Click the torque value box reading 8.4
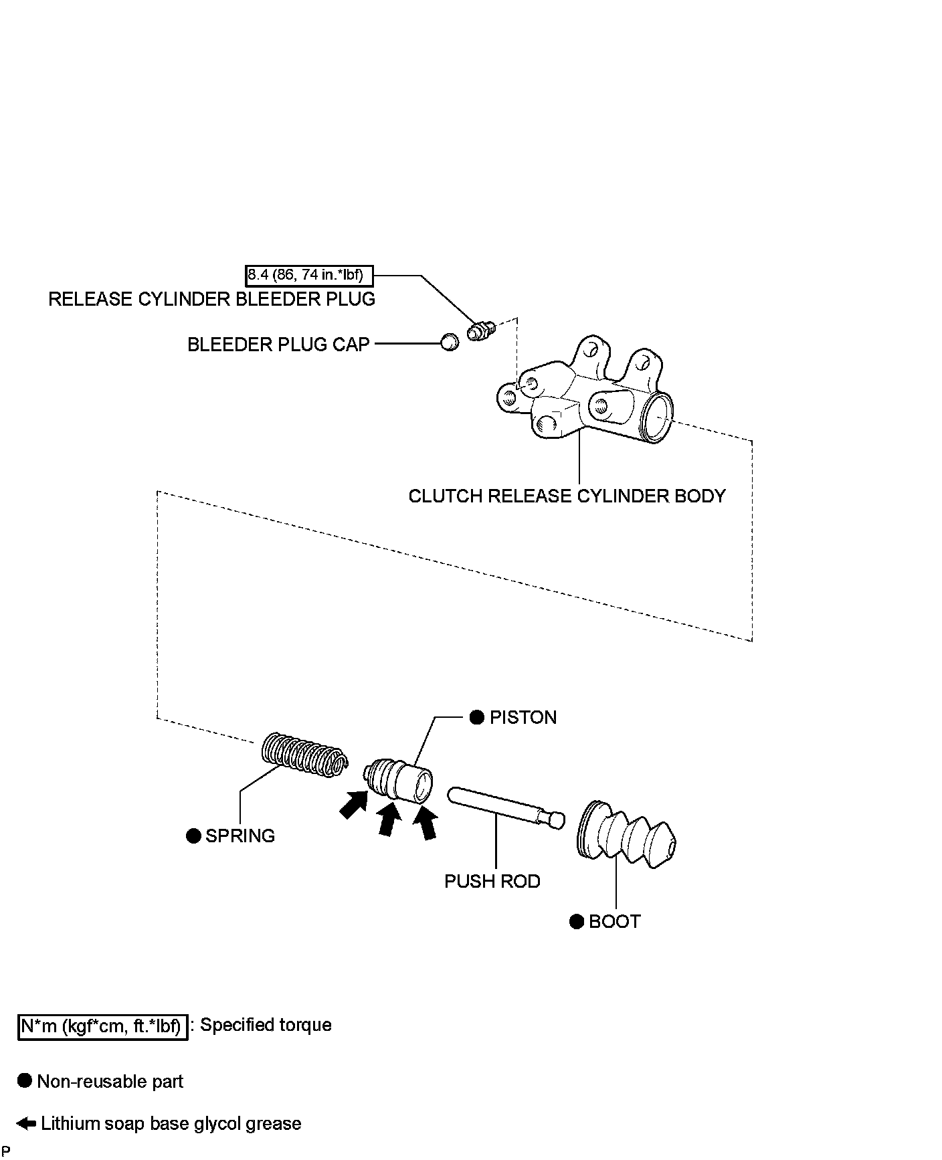click(x=308, y=275)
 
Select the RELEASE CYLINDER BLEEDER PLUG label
click(x=211, y=299)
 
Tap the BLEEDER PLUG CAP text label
click(x=278, y=345)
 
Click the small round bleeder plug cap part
click(x=450, y=342)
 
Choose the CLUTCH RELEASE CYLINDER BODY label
click(x=567, y=496)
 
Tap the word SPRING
click(x=240, y=836)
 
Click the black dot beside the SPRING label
click(x=194, y=836)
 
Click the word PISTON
click(x=523, y=718)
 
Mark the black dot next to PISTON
click(x=477, y=718)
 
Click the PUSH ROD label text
click(x=492, y=882)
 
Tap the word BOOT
click(x=614, y=922)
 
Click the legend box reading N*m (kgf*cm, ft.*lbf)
click(x=102, y=1026)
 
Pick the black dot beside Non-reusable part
click(x=25, y=1081)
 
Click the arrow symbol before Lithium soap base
click(x=26, y=1124)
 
